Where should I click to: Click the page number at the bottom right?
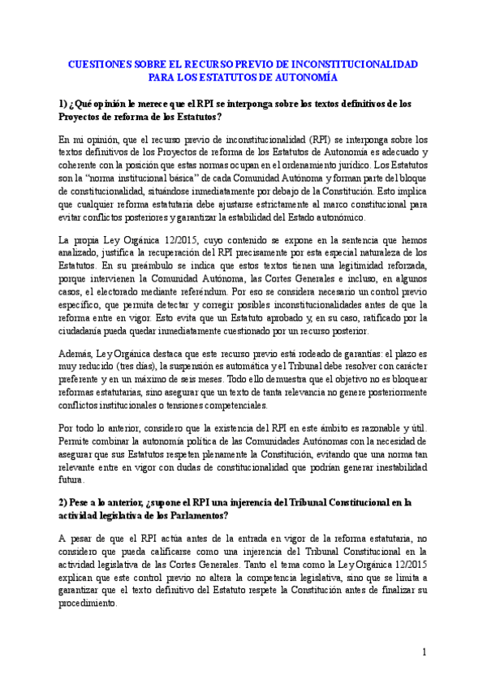425,651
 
